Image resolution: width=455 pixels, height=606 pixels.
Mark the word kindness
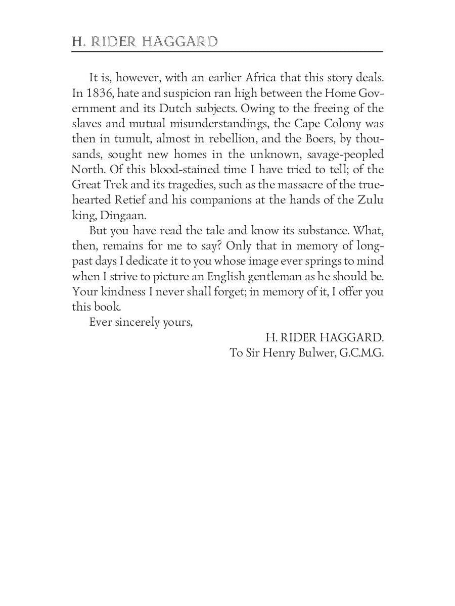[118, 291]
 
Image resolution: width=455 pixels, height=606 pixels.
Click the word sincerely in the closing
[139, 322]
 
